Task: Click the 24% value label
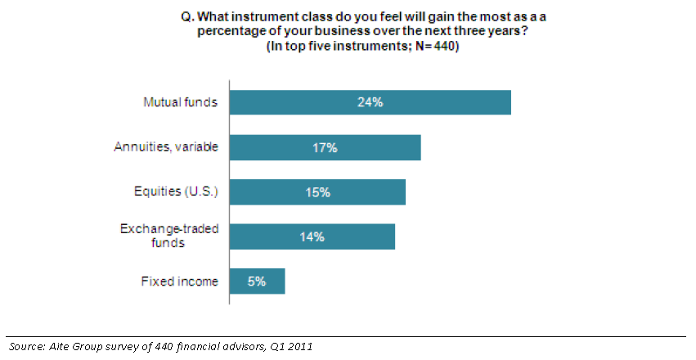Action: (370, 103)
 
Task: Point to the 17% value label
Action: (326, 148)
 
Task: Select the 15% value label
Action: (317, 192)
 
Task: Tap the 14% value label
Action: (312, 236)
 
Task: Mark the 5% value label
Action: (258, 281)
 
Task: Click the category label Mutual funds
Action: (181, 103)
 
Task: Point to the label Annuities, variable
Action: (167, 148)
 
